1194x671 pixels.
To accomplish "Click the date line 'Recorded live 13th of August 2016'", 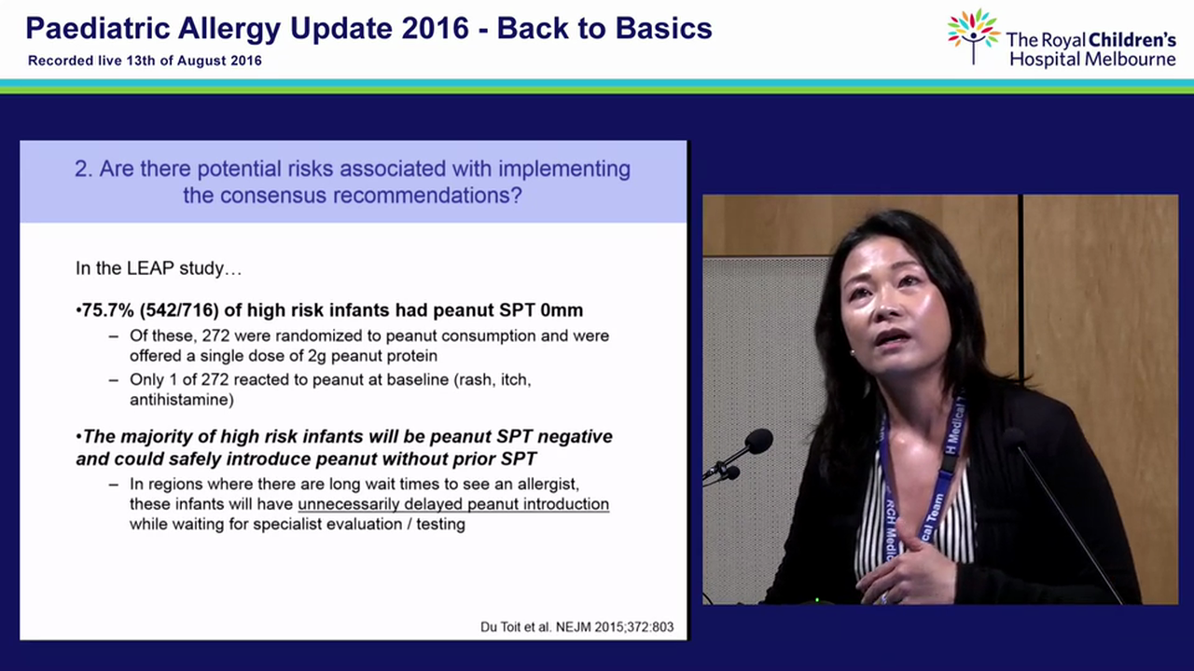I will click(145, 61).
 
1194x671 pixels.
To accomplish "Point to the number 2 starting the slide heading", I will click(81, 170).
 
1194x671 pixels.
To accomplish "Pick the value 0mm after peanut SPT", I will click(563, 310).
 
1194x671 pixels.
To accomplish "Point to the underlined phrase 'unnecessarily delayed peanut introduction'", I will click(452, 504).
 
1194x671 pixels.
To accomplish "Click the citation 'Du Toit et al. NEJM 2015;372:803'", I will click(576, 626).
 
